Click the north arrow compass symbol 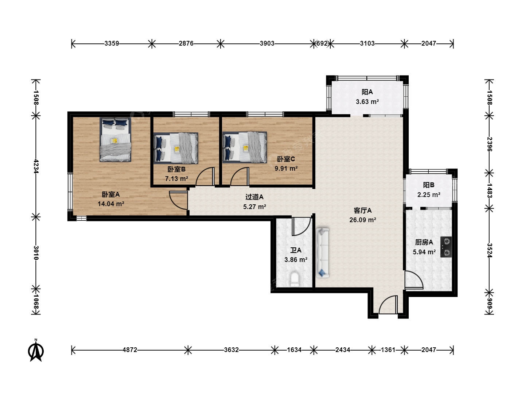pos(36,351)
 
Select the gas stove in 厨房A pos(446,247)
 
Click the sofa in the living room pos(322,252)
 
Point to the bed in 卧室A pos(115,140)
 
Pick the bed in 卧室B pos(176,148)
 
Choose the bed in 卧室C pos(245,147)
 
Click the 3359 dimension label pos(112,43)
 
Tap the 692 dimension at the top pos(322,43)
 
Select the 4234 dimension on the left pos(36,166)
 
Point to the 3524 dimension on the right pos(489,251)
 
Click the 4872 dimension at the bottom pos(130,350)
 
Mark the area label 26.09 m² pos(363,220)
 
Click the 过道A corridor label pos(254,197)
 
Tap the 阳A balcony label pos(367,92)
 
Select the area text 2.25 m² pos(429,195)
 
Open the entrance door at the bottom pos(388,305)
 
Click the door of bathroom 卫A pos(301,226)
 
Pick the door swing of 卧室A pos(178,200)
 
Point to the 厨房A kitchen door pos(414,280)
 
